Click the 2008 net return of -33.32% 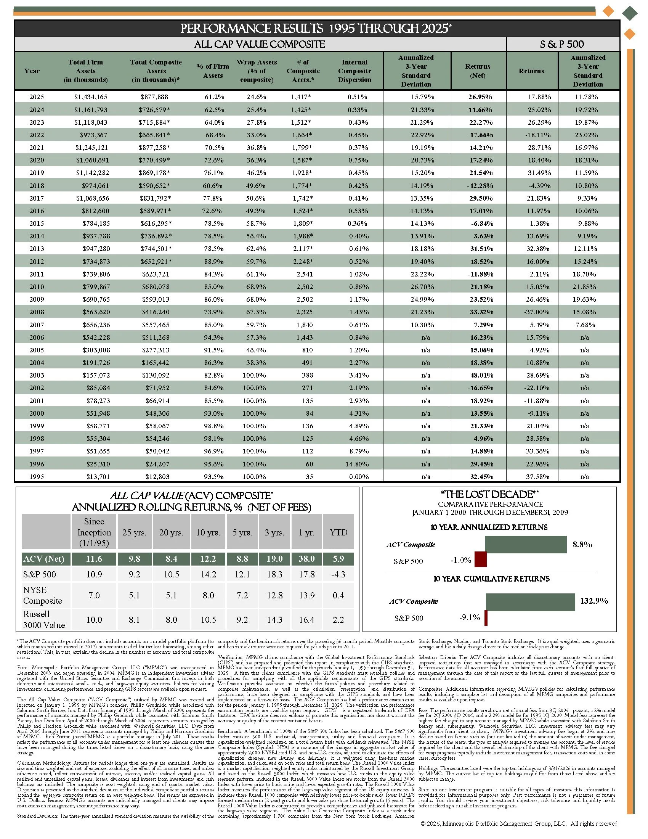tap(480, 312)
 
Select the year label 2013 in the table tap(37, 249)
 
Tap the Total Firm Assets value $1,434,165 tap(91, 97)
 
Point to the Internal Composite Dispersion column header tap(354, 71)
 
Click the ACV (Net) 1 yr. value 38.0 tap(306, 559)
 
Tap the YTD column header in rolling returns tap(338, 532)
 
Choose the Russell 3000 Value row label tap(44, 619)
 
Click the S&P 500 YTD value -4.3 tap(338, 574)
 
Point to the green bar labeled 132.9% tap(530, 602)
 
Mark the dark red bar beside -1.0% tap(480, 559)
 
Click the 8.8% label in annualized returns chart tap(582, 544)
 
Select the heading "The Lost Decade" tap(489, 494)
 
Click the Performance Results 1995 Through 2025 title tap(316, 29)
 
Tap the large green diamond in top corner tap(630, 13)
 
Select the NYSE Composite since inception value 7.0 tap(94, 595)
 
